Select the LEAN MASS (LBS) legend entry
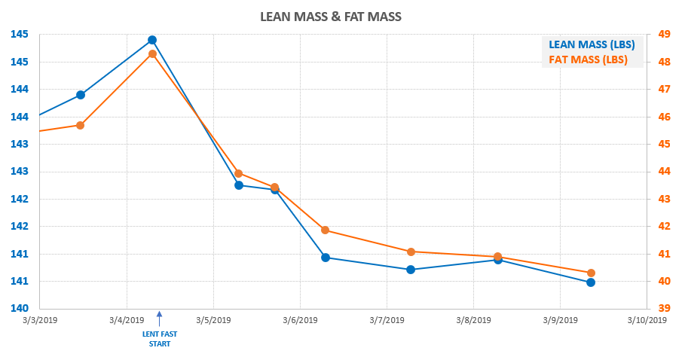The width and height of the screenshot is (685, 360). tap(592, 44)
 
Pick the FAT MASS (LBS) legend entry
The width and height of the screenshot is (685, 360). tap(588, 60)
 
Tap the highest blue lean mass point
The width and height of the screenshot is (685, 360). tap(152, 40)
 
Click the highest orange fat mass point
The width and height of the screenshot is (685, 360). tap(152, 54)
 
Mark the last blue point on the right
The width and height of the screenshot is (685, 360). tap(591, 282)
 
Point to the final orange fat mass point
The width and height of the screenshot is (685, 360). tap(591, 273)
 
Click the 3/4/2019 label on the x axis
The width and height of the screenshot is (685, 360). tap(126, 320)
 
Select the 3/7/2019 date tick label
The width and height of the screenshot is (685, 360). tap(387, 320)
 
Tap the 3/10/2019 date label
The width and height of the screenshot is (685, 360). tap(647, 320)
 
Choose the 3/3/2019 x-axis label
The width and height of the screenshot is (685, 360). tap(39, 320)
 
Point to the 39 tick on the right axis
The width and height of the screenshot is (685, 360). tap(664, 309)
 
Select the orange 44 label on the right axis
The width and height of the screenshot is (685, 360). tap(664, 171)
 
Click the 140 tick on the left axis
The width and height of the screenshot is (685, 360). tap(19, 309)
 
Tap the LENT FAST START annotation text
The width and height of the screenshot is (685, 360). tap(159, 338)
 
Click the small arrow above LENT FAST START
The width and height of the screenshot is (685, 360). tap(159, 317)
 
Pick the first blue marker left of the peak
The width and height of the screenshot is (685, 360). tap(81, 95)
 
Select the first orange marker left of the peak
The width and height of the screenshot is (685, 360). tap(80, 125)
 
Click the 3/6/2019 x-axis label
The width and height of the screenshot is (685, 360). tap(300, 320)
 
